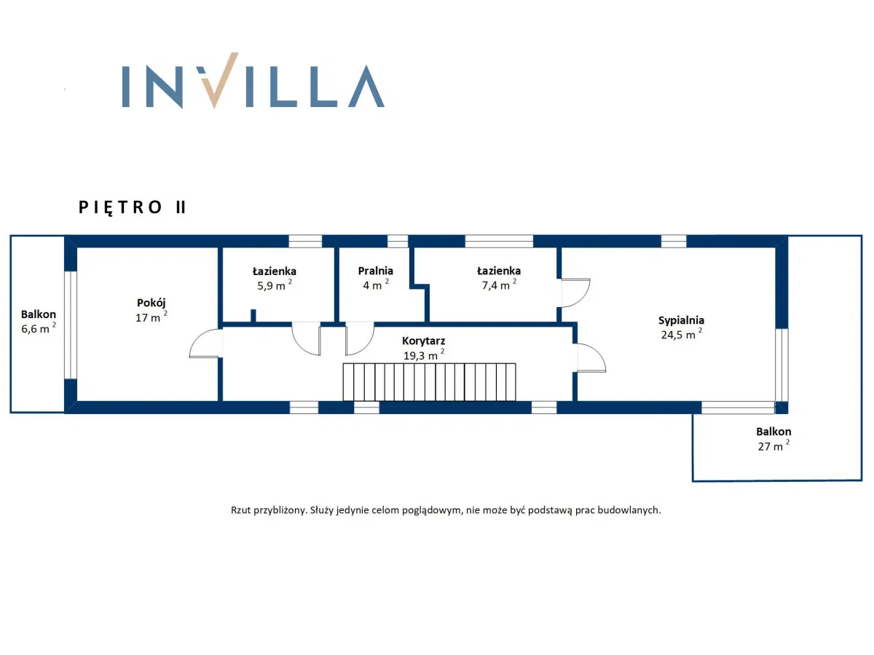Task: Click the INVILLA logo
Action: (253, 80)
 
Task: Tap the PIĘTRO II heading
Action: (133, 207)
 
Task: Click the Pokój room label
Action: (151, 303)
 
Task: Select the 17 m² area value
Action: (151, 317)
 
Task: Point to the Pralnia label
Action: (376, 271)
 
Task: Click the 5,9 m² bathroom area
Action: (275, 285)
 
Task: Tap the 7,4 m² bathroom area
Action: (499, 285)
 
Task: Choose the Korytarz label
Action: (423, 341)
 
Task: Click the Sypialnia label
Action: (681, 320)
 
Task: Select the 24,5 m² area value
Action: (681, 335)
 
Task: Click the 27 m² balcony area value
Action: (773, 446)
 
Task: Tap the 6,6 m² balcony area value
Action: (39, 328)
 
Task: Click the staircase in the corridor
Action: (429, 382)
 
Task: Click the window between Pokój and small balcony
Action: (71, 325)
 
